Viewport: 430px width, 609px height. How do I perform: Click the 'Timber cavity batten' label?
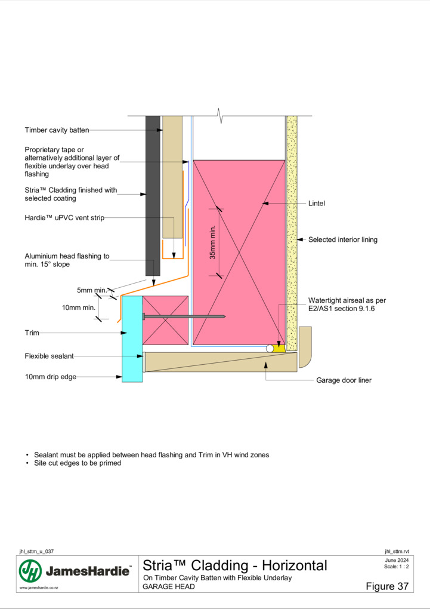click(57, 130)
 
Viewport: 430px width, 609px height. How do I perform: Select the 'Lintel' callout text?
click(316, 203)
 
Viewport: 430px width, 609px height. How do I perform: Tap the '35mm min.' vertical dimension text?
click(212, 243)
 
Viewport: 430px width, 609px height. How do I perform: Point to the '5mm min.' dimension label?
click(92, 290)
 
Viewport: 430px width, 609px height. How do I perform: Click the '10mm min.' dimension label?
click(79, 307)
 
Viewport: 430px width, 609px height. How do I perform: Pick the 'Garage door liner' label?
click(344, 380)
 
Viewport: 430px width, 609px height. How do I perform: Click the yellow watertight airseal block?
click(280, 348)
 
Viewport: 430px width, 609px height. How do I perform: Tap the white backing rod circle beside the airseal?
click(270, 349)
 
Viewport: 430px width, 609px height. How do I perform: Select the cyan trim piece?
click(132, 339)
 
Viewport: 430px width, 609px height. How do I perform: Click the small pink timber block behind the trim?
click(165, 321)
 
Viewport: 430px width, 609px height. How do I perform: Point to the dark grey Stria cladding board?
click(153, 195)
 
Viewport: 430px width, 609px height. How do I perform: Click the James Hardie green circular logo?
click(30, 571)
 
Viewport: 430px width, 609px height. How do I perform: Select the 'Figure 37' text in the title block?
click(387, 586)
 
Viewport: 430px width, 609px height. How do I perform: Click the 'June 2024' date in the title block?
click(397, 560)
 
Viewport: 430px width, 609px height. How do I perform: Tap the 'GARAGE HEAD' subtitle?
click(169, 586)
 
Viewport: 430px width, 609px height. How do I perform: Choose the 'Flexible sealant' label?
click(50, 356)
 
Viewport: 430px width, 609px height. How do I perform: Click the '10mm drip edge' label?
click(51, 377)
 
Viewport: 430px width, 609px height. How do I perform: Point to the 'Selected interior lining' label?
click(343, 239)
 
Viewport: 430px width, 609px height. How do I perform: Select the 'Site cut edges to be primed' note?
click(78, 463)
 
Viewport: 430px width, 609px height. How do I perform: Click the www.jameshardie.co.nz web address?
click(39, 588)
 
